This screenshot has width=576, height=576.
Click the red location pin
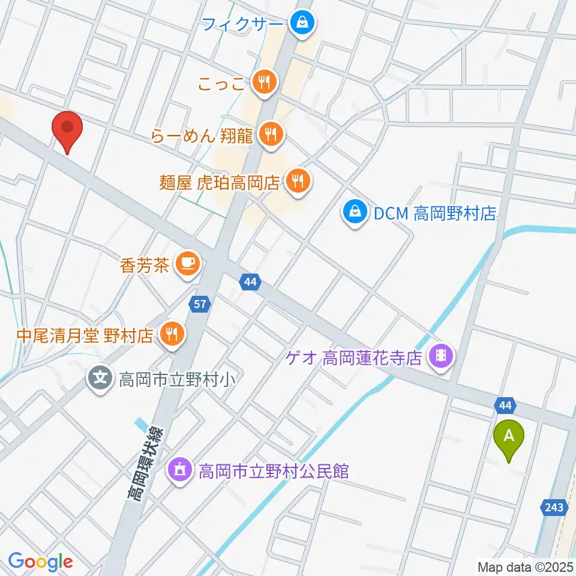pos(67,129)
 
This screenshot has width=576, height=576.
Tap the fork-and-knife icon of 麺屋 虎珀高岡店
pos(297,179)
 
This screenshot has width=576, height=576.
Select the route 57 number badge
pos(200,304)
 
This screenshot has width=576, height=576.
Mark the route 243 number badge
pos(554,508)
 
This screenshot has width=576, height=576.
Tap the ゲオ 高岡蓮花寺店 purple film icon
pos(441,358)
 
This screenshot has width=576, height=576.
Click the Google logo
pos(40,562)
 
